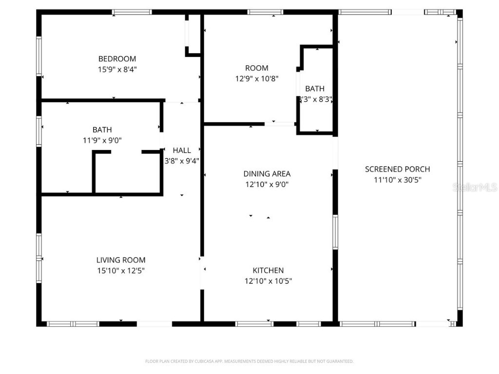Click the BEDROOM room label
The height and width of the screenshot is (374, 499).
117,59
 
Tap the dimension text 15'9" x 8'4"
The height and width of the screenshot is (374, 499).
117,70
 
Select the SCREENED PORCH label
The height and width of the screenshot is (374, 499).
397,169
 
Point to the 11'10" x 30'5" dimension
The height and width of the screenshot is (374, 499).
397,180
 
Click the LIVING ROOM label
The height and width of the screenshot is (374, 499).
120,260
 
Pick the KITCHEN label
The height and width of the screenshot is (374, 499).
268,270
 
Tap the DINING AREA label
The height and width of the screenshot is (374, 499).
267,174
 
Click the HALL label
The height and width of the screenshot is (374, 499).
182,150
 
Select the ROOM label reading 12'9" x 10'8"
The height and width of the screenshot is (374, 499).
256,68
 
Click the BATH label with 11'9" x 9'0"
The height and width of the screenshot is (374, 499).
102,130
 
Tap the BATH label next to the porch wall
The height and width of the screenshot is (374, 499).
315,89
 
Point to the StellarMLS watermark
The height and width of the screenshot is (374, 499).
475,187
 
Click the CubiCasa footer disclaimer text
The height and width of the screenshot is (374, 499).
249,361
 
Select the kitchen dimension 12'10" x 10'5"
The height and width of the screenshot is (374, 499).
268,281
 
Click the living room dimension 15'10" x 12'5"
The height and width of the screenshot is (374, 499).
120,271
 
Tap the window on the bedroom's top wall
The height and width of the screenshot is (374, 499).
132,12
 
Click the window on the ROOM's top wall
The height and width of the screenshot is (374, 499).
266,12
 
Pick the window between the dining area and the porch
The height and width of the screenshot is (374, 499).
335,232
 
